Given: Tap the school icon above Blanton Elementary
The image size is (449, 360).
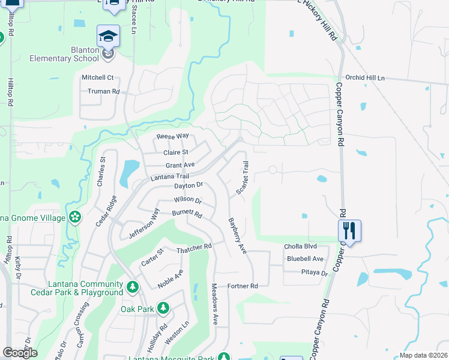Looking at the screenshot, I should point(109,37).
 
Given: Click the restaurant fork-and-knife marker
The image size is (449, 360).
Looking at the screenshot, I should point(349,230).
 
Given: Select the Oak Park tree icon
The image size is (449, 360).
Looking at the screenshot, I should point(163,308).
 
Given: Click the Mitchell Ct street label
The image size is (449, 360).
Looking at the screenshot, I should point(97,77).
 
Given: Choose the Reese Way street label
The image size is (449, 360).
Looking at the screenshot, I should point(173,137).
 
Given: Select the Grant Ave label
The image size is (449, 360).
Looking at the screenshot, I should point(180,164).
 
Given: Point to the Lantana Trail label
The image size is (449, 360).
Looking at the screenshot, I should point(170,176).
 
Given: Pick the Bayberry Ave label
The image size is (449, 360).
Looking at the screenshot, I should point(238,235).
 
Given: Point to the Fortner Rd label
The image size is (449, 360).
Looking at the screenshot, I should point(242,286).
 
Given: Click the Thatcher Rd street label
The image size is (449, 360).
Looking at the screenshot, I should point(194,247).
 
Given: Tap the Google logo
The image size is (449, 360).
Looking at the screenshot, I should point(20,352).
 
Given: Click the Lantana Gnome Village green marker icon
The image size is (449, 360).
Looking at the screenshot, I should point(75,217).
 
